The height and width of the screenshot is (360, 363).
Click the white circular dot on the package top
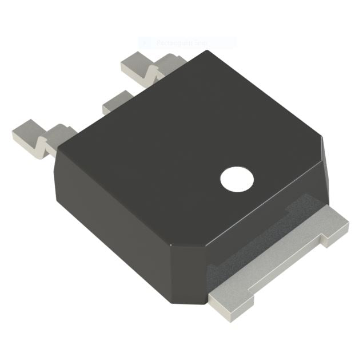coord(237,180)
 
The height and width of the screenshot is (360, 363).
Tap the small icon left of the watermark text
coord(145,42)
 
